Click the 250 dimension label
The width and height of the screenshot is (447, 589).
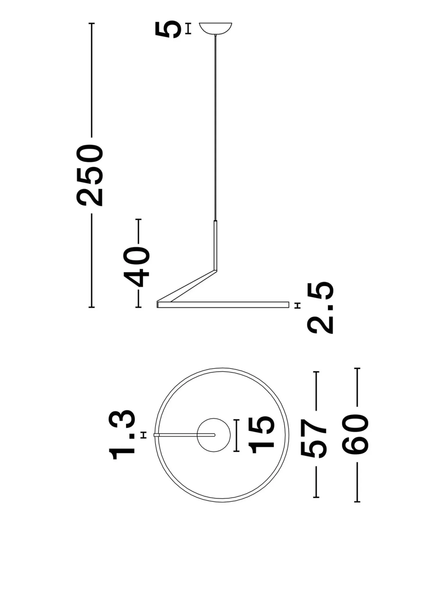tap(90, 175)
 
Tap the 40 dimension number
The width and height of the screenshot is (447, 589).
tap(136, 267)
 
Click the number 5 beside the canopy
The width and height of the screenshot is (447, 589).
tap(169, 29)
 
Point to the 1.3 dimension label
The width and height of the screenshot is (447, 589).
tap(122, 435)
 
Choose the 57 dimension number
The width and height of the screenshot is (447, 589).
tap(313, 435)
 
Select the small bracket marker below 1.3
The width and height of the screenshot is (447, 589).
tap(143, 435)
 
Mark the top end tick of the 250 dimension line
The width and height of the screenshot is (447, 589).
tap(92, 23)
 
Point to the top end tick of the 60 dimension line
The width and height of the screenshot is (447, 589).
tap(357, 369)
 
